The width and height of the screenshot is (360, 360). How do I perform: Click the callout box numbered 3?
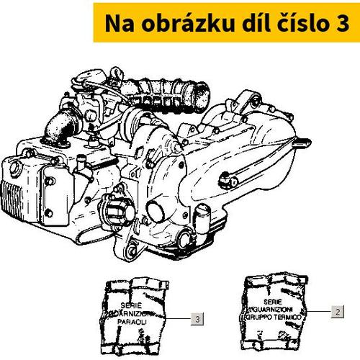(x=197, y=318)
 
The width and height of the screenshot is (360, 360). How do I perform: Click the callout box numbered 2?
(x=336, y=312)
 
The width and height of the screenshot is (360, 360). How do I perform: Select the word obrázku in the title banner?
(x=168, y=23)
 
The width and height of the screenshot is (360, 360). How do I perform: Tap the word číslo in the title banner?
(x=294, y=23)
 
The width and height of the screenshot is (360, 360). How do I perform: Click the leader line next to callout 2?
(x=319, y=312)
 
